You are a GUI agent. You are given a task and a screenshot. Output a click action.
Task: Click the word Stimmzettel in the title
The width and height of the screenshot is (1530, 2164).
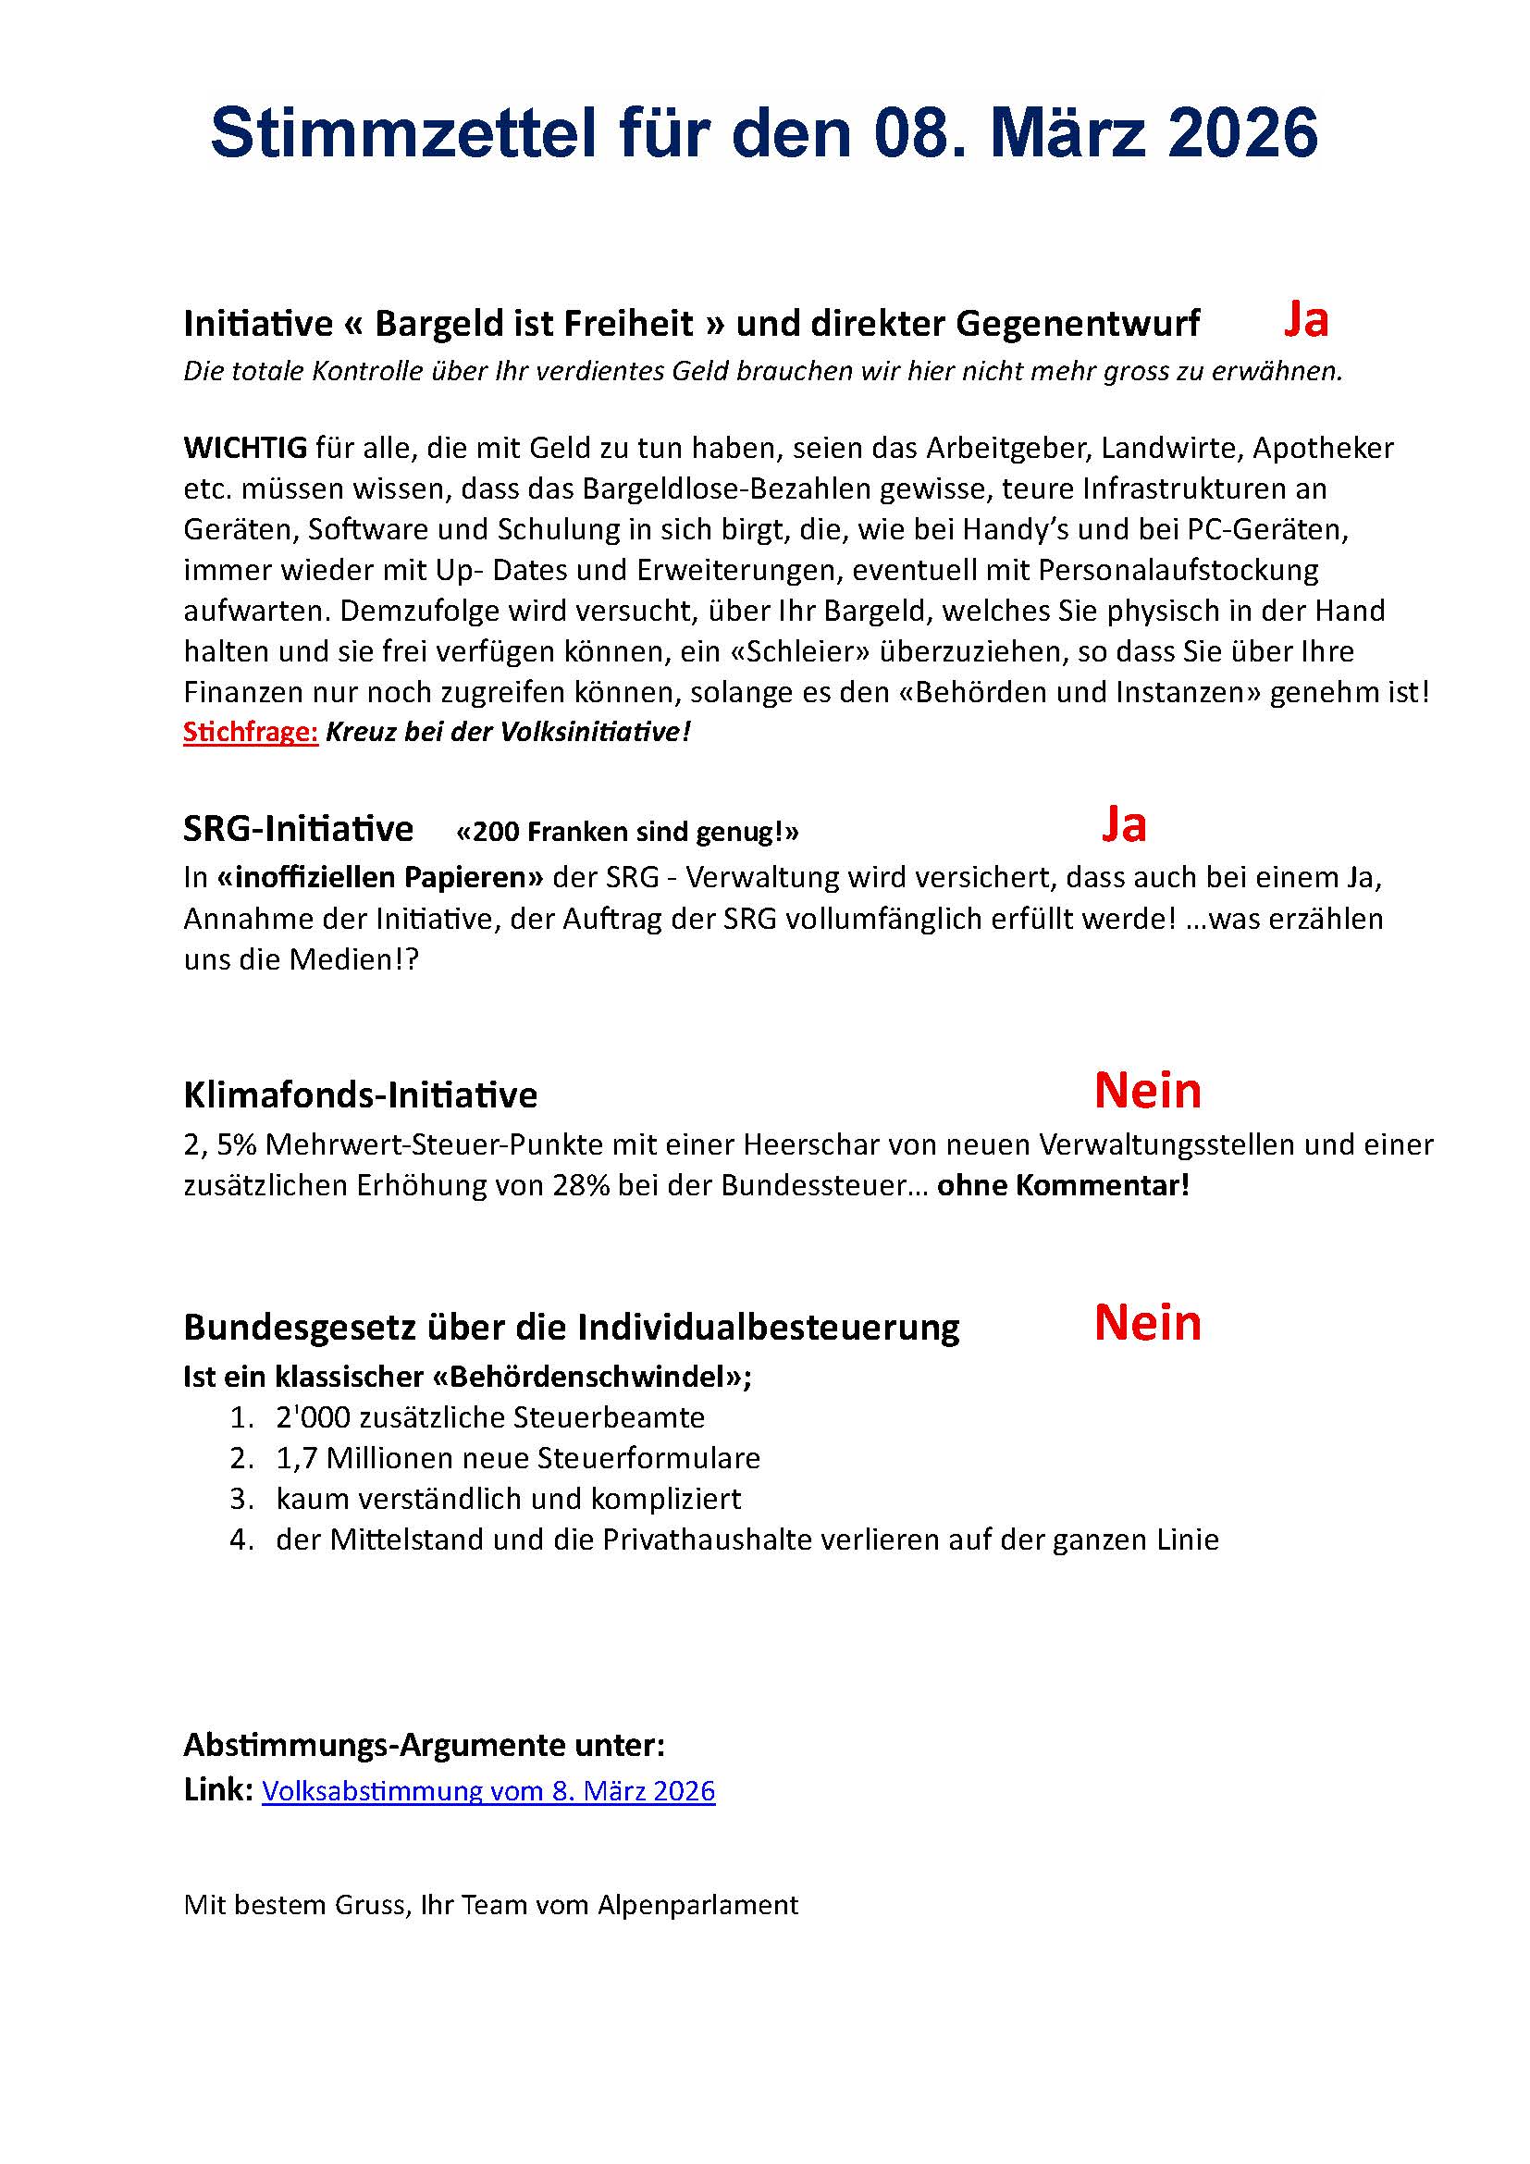pyautogui.click(x=403, y=133)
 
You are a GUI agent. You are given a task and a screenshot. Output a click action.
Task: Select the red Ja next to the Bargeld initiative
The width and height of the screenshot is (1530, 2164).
pyautogui.click(x=1305, y=319)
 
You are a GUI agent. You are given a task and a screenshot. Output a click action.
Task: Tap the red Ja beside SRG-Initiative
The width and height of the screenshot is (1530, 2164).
pyautogui.click(x=1123, y=824)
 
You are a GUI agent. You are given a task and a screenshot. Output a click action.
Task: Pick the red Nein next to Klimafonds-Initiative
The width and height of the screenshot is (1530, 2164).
pyautogui.click(x=1146, y=1091)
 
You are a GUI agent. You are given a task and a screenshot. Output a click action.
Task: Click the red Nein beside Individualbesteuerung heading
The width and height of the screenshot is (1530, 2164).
pyautogui.click(x=1146, y=1322)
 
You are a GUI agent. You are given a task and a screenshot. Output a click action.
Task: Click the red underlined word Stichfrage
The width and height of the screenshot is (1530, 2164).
pyautogui.click(x=251, y=733)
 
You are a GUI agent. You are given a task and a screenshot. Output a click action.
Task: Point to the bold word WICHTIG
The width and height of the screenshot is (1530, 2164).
pyautogui.click(x=245, y=448)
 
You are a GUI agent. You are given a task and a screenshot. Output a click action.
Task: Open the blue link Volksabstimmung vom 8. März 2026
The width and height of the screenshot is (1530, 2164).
pyautogui.click(x=488, y=1791)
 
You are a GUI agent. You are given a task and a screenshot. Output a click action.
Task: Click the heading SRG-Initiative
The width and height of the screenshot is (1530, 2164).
pyautogui.click(x=298, y=828)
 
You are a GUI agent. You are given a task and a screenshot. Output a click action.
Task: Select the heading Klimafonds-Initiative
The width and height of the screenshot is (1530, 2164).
pyautogui.click(x=360, y=1095)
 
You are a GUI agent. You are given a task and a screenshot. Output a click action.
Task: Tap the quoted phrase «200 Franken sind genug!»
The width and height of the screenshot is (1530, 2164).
pyautogui.click(x=626, y=832)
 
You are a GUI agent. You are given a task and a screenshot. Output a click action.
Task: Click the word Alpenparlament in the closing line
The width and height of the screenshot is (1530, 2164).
pyautogui.click(x=697, y=1905)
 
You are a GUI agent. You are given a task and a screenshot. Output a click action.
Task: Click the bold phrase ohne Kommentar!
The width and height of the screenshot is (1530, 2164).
pyautogui.click(x=1063, y=1185)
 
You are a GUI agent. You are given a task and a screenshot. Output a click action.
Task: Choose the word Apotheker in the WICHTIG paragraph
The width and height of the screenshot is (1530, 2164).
pyautogui.click(x=1323, y=448)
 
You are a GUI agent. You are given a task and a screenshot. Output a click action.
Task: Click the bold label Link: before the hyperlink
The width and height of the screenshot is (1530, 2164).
pyautogui.click(x=217, y=1790)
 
